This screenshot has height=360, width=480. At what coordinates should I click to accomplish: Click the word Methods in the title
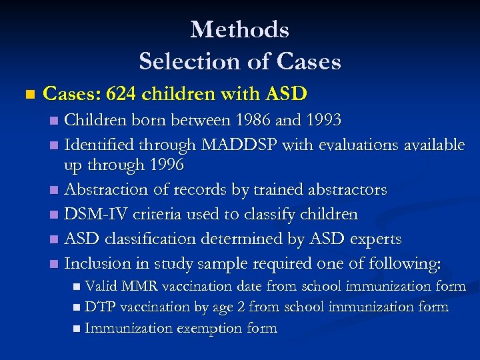[239, 30]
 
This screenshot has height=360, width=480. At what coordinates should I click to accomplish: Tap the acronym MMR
[139, 287]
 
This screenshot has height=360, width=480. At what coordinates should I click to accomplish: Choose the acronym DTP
[101, 307]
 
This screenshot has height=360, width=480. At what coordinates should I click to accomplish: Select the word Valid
[100, 287]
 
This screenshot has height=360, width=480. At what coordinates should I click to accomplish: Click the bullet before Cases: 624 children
[27, 95]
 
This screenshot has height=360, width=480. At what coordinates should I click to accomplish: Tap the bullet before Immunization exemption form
[77, 329]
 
